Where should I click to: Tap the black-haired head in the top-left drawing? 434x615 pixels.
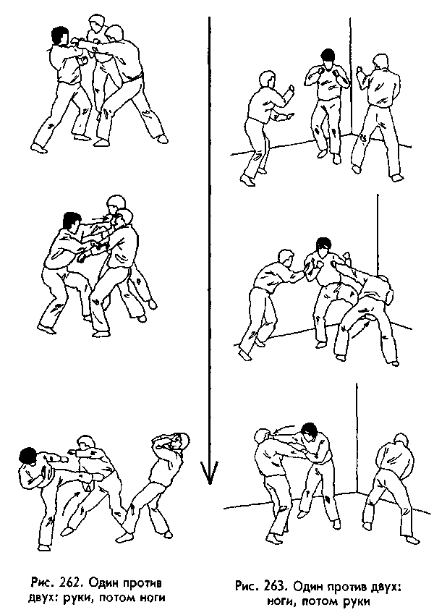(x=60, y=35)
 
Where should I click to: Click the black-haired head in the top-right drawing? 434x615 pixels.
(x=326, y=57)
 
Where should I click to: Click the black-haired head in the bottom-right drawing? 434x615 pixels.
(x=309, y=432)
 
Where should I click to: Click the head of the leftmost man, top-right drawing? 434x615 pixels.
(x=265, y=80)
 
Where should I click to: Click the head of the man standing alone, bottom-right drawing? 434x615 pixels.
(x=400, y=443)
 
